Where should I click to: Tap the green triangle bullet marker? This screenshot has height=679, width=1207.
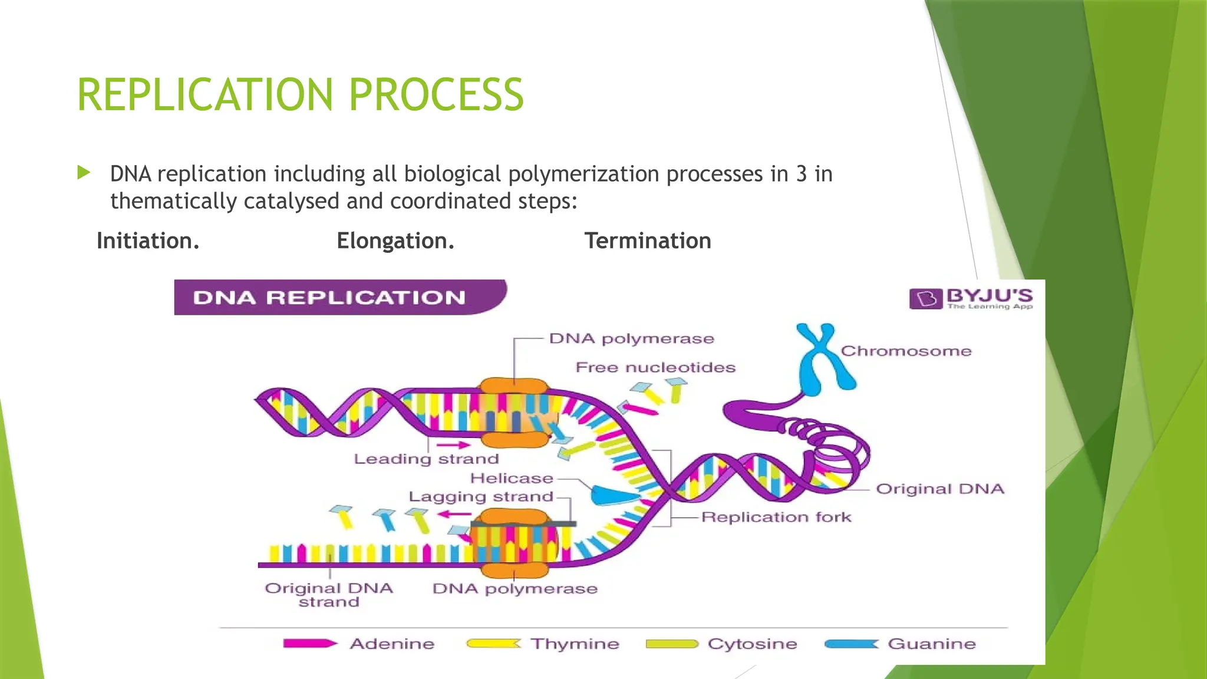84,173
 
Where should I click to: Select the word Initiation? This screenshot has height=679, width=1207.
148,241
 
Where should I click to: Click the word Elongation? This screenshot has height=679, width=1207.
395,241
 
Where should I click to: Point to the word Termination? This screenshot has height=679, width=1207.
648,241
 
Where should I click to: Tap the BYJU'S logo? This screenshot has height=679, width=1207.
971,298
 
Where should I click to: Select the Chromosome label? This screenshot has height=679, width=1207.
906,351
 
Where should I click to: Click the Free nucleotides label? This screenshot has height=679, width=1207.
655,368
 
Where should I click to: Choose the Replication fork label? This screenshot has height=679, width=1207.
776,518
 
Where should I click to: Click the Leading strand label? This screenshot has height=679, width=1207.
426,459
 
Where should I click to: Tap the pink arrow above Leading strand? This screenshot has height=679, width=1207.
453,445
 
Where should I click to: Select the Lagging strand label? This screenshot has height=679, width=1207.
481,497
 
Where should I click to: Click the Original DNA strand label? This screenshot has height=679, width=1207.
329,595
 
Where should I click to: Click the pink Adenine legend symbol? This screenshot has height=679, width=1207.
309,644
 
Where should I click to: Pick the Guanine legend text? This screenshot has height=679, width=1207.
932,644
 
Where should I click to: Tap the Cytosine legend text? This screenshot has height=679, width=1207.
752,644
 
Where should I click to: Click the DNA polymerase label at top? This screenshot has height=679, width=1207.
631,339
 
